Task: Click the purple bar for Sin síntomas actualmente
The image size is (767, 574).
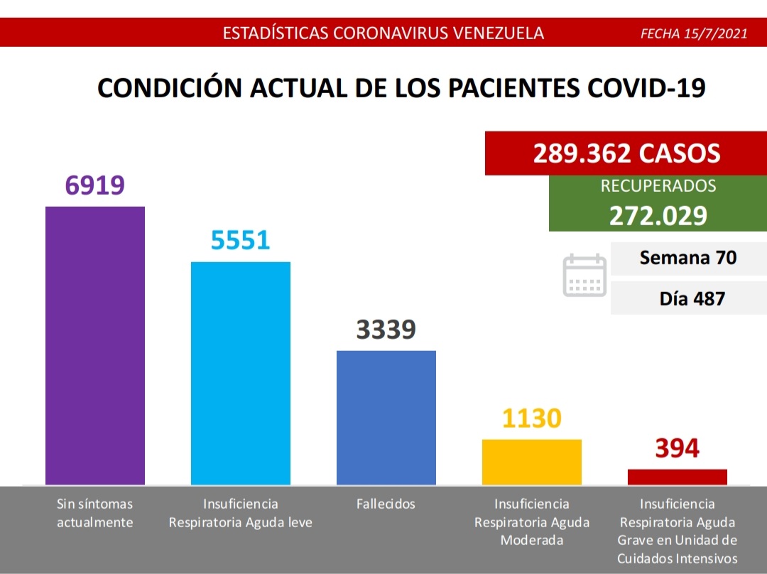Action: pos(95,345)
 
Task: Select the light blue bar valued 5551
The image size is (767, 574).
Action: pos(241,373)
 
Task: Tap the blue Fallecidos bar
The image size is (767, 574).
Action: pos(386,417)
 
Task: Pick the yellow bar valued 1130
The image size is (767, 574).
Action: pos(532,462)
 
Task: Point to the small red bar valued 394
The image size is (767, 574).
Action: pos(678,477)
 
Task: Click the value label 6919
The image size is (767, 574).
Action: pos(95,185)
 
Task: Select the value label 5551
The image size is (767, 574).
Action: pos(241,240)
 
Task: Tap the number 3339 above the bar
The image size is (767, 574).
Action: pos(386,330)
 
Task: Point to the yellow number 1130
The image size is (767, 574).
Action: pos(532,418)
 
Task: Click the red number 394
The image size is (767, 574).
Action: pos(678,448)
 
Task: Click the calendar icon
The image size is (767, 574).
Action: pos(584,275)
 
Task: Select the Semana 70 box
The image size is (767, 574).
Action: pos(688,258)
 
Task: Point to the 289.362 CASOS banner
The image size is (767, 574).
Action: pos(626,153)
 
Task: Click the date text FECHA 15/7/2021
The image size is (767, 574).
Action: pos(694,33)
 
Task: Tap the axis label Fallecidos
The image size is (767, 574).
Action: pos(386,504)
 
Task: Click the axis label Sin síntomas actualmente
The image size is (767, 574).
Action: pos(95,513)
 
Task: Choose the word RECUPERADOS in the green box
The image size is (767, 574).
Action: pos(658,187)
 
